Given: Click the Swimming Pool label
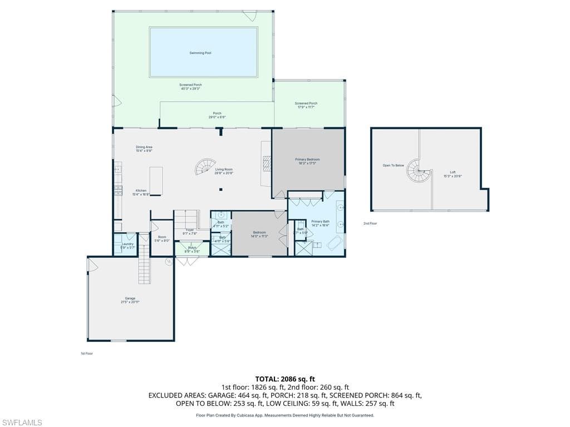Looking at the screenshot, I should (x=200, y=53).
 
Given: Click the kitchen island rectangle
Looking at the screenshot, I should (x=156, y=181).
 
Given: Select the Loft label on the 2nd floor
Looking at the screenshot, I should (x=453, y=174).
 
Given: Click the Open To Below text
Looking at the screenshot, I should (x=393, y=165).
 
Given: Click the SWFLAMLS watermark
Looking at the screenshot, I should (x=22, y=423).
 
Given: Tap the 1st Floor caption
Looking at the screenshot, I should (x=86, y=353).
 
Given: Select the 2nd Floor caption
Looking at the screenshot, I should (x=370, y=224).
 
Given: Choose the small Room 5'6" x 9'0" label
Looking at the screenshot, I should (x=162, y=239).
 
